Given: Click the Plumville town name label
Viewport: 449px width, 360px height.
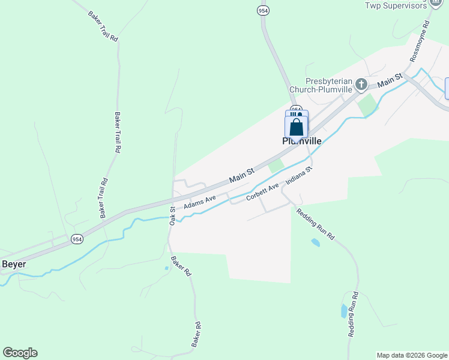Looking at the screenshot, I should tap(302, 142).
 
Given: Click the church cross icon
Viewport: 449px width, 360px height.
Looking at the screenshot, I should tap(361, 85).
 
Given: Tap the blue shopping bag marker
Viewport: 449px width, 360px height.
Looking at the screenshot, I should tap(296, 127).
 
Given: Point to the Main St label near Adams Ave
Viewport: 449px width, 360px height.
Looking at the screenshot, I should tap(242, 176).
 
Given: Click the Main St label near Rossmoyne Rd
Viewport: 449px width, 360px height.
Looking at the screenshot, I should tap(390, 79).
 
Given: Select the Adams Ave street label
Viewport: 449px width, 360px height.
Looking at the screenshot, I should tap(199, 202).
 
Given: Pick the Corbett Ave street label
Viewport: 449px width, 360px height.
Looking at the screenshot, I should tap(262, 193).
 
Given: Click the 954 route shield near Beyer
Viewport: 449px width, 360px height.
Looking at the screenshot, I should tap(76, 239).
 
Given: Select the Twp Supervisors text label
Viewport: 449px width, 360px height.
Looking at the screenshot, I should tap(396, 5).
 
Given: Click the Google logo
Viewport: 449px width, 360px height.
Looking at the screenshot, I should tap(20, 353).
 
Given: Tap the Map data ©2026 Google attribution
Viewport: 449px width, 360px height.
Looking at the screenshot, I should tap(411, 355).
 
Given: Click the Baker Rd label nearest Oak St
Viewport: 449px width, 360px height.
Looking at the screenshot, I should tap(180, 266).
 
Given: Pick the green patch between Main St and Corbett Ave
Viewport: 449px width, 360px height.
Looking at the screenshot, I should tap(276, 166).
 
